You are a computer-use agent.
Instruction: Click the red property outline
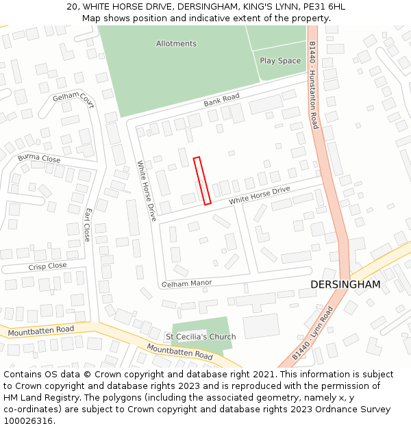pyautogui.click(x=201, y=181)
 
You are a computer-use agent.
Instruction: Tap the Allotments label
pyautogui.click(x=176, y=44)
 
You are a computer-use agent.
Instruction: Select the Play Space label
pyautogui.click(x=280, y=61)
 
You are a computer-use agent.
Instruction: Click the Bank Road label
pyautogui.click(x=221, y=101)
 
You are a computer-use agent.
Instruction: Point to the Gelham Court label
pyautogui.click(x=73, y=100)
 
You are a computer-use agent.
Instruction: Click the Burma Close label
pyautogui.click(x=39, y=159)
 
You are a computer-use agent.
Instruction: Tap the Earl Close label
pyautogui.click(x=87, y=225)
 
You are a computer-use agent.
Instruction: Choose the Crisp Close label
pyautogui.click(x=47, y=266)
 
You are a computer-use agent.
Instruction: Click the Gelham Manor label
pyautogui.click(x=187, y=283)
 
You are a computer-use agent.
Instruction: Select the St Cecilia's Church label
pyautogui.click(x=201, y=337)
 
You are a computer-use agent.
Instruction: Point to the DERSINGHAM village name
pyautogui.click(x=345, y=284)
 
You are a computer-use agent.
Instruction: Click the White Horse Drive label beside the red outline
pyautogui.click(x=260, y=195)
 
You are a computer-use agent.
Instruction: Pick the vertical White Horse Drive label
pyautogui.click(x=147, y=190)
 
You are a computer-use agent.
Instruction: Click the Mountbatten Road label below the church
pyautogui.click(x=179, y=353)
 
